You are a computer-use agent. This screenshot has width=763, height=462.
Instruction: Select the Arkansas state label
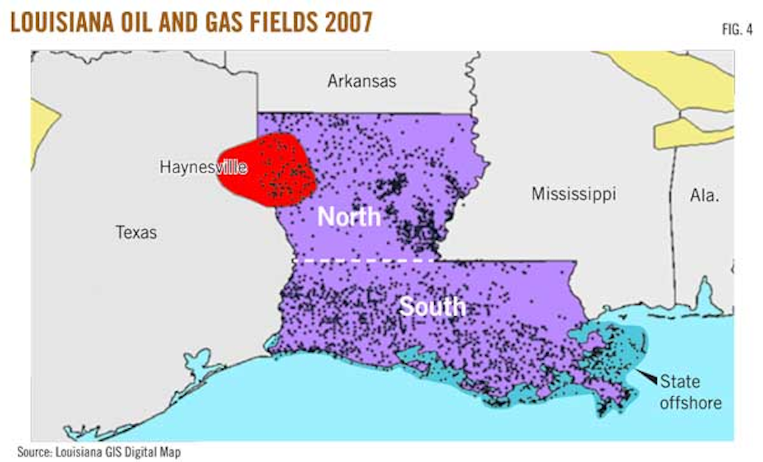tap(362, 81)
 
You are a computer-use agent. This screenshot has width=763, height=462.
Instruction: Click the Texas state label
tap(136, 232)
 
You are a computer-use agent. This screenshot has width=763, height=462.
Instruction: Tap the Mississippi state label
tap(574, 194)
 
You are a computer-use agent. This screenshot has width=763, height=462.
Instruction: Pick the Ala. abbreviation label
tap(705, 195)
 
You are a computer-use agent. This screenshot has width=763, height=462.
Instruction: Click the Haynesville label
tap(203, 168)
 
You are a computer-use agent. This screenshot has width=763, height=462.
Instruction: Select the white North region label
tap(348, 218)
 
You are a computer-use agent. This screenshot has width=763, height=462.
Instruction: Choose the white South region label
tap(432, 307)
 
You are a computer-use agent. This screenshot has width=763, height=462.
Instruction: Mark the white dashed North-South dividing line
tap(362, 260)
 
